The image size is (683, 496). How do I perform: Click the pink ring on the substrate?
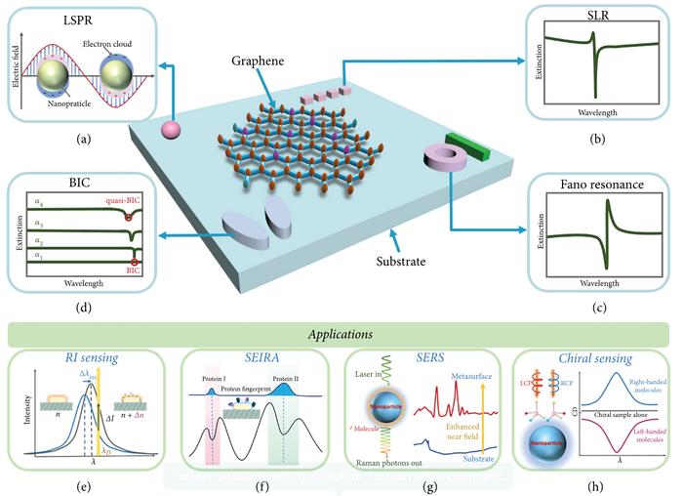tap(443, 161)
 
